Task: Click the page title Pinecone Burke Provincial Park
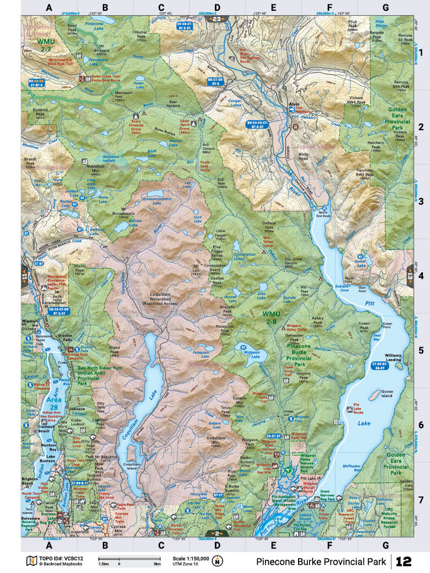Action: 321,561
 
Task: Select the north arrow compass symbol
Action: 218,561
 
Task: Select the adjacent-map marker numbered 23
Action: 217,19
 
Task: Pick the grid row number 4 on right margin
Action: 421,276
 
